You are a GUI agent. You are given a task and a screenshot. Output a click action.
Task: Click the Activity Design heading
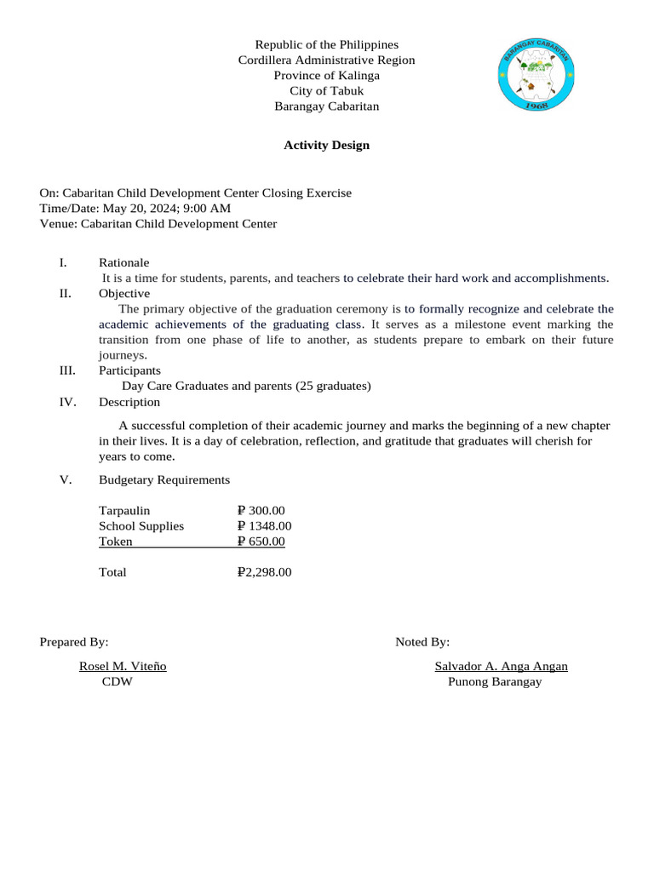(326, 146)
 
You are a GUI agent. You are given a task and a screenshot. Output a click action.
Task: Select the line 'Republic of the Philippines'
(326, 44)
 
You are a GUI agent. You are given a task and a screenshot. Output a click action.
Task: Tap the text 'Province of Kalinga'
(326, 76)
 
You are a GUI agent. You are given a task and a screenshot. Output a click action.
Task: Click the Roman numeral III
(67, 370)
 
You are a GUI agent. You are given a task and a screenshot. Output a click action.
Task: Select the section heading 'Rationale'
(123, 262)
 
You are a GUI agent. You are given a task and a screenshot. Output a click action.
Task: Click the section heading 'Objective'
(124, 294)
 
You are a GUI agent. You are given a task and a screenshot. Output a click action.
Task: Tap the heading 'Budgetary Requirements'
(164, 480)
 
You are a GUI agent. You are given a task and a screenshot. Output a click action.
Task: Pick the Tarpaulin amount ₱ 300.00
(261, 511)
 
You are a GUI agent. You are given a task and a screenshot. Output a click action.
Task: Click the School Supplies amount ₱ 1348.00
(265, 526)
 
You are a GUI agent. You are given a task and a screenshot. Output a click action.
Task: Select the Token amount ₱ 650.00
(261, 542)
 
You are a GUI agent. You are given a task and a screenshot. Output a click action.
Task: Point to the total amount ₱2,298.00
(265, 572)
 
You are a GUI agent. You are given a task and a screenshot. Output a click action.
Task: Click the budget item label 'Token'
(115, 542)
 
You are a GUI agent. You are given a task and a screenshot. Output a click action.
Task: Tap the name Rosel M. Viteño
(123, 667)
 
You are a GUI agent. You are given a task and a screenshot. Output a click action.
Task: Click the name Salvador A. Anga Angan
(501, 667)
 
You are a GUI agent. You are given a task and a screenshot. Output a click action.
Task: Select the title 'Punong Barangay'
(495, 682)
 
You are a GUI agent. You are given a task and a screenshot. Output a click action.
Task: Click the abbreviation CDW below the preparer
(118, 682)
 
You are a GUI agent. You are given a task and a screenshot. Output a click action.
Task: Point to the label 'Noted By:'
(422, 642)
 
